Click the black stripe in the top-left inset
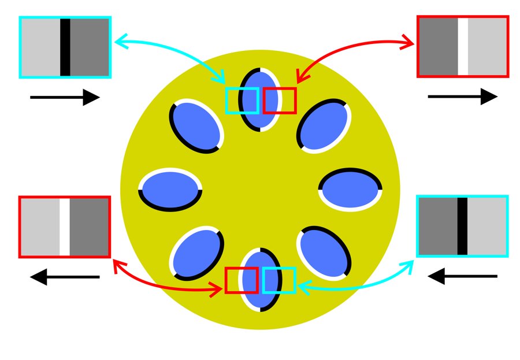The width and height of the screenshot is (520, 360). pos(65,47)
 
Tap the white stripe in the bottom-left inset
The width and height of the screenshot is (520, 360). pos(65,227)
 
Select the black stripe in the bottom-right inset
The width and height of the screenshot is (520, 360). pos(462,226)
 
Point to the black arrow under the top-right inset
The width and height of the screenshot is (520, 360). pos(462,97)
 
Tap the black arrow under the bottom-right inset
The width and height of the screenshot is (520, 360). pos(462,276)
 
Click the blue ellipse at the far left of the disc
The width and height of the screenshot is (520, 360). pos(170,190)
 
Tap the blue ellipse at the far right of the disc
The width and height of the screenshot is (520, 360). pos(350,190)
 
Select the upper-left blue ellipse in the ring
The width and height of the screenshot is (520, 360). pos(196,127)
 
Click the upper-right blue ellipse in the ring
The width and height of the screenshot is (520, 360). pos(324,127)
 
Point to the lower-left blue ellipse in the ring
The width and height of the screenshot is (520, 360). pos(196,253)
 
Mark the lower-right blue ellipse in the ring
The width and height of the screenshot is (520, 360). pos(324,253)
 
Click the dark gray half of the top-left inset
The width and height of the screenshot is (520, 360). pos(90,47)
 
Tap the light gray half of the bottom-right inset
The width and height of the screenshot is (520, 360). pos(486,226)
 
